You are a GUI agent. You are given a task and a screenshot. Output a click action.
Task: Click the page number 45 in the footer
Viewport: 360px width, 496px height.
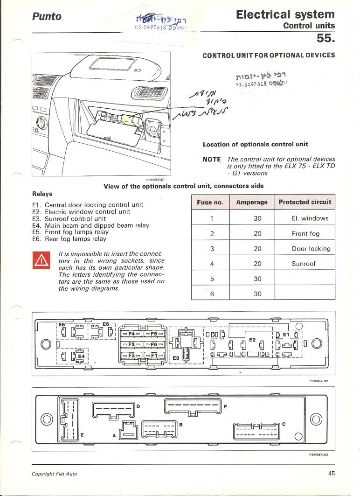[x=332, y=474]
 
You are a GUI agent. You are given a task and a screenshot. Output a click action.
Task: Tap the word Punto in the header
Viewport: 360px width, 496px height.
[x=47, y=16]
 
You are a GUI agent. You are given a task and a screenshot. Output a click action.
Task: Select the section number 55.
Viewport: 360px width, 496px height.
[x=326, y=37]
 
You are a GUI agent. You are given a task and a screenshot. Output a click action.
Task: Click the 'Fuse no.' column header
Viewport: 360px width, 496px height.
[x=210, y=203]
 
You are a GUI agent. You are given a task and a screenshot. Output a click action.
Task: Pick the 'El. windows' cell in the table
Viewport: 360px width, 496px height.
[x=310, y=218]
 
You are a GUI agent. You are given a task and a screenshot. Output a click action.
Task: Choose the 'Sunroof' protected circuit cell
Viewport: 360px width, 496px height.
[x=304, y=264]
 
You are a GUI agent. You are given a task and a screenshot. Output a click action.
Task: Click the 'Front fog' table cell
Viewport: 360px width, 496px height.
[x=305, y=233]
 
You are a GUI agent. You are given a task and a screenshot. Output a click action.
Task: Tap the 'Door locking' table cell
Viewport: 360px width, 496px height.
[x=311, y=249]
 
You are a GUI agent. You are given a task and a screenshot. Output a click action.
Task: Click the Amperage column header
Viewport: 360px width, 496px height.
[x=252, y=203]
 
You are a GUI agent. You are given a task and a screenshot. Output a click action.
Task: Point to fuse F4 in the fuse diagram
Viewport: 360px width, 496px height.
[x=132, y=334]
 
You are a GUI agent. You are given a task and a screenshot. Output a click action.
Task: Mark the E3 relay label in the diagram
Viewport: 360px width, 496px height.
[x=176, y=358]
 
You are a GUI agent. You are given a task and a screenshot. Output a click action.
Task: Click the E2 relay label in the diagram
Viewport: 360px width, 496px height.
[x=252, y=340]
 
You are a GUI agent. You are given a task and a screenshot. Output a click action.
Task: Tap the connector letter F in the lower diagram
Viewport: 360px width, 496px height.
[x=226, y=406]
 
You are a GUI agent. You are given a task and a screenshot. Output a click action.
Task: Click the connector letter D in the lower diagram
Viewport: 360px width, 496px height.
[x=138, y=406]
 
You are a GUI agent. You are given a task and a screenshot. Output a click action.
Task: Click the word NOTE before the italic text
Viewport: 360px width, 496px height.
[x=212, y=159]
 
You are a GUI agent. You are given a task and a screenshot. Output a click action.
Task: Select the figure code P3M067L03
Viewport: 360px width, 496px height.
[x=319, y=455]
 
